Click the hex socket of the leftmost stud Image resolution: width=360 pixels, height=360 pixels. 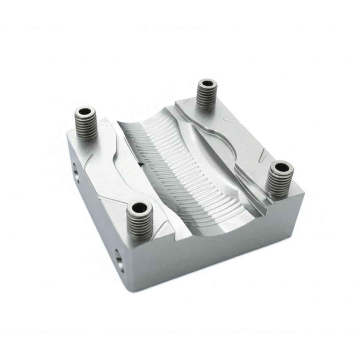[x=85, y=111]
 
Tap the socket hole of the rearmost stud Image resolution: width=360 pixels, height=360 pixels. [x=207, y=84]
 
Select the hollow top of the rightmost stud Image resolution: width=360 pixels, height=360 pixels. [x=280, y=167]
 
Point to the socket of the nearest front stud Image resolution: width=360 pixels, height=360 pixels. [x=139, y=208]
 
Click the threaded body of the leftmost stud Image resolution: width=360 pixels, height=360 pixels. [x=86, y=125]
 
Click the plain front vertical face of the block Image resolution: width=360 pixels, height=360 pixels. [x=216, y=252]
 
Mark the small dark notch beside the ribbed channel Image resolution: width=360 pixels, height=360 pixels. [x=141, y=164]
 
